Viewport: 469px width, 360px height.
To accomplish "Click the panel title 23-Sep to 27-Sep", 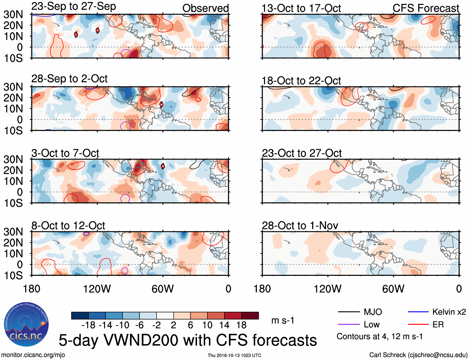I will click(74, 7).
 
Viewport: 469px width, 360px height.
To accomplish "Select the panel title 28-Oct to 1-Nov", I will click(300, 226).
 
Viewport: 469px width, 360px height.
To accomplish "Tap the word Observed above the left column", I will click(205, 8).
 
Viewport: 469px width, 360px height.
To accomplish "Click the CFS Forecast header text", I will click(426, 8).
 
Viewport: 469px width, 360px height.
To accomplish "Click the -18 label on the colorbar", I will click(89, 325).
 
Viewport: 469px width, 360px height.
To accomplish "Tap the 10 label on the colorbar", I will click(207, 325).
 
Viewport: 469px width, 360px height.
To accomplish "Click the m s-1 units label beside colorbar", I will click(283, 320).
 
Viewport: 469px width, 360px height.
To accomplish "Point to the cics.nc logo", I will click(26, 325).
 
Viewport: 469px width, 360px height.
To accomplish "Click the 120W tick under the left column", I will click(97, 289).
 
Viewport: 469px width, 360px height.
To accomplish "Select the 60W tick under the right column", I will click(393, 289).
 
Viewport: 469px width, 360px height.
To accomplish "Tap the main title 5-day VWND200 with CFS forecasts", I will click(188, 340).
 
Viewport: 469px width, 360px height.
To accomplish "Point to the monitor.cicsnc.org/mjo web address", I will click(33, 355).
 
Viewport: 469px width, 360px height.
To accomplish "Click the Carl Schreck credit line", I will click(418, 355).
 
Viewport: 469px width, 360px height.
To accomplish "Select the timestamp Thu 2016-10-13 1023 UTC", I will click(234, 355).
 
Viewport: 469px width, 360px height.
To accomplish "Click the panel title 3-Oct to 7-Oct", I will click(65, 153).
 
